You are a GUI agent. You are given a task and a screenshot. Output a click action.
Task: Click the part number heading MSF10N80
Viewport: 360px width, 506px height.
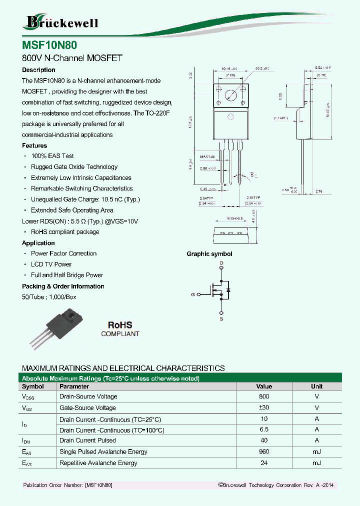[49, 44]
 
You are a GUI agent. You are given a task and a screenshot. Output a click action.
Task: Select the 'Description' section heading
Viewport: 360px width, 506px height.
[38, 70]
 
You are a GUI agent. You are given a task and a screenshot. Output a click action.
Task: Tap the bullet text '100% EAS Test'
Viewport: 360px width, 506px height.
[52, 156]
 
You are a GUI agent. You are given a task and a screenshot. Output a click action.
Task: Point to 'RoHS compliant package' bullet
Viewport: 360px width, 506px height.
[65, 232]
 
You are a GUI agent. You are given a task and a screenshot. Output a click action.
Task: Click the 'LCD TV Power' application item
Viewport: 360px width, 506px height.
[51, 264]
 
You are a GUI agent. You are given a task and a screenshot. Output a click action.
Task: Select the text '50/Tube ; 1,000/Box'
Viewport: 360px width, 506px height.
[49, 297]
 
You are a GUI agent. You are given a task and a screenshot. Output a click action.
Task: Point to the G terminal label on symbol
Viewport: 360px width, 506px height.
[192, 294]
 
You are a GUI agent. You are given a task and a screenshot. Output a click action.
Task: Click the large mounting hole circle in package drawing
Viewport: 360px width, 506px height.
[230, 95]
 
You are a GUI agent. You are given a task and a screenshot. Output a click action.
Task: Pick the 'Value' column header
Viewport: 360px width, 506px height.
[264, 386]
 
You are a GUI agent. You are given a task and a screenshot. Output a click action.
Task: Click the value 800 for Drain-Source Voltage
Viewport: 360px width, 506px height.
[264, 396]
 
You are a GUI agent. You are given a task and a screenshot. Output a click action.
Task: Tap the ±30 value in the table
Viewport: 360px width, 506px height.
[264, 408]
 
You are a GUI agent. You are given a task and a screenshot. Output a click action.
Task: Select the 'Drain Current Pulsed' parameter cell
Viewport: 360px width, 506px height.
[87, 440]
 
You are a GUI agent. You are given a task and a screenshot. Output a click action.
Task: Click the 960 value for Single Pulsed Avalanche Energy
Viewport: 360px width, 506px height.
[264, 452]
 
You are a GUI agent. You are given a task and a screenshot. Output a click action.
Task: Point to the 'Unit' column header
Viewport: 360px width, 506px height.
[317, 386]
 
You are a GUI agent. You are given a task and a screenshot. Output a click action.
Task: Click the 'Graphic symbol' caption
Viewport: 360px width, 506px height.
[209, 254]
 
